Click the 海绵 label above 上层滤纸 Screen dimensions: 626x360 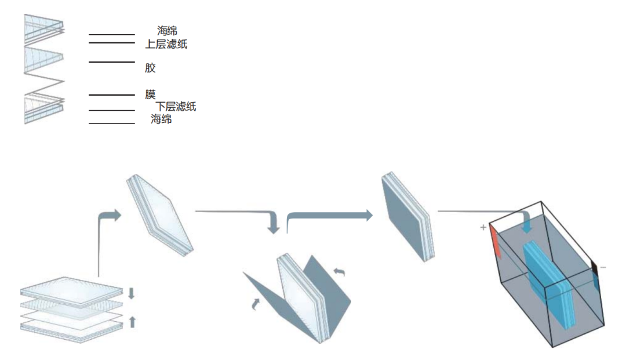[x=167, y=30]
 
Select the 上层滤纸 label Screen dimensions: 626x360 [x=166, y=44]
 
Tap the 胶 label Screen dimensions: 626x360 [x=150, y=67]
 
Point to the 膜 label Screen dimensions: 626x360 [x=150, y=94]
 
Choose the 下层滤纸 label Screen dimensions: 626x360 [x=176, y=106]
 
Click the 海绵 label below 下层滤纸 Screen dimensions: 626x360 [x=161, y=118]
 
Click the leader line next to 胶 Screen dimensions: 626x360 [x=112, y=62]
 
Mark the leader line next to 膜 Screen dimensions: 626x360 [x=112, y=94]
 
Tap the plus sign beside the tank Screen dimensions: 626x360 [x=483, y=227]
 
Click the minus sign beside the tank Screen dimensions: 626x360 [x=603, y=267]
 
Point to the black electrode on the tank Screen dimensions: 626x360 [x=595, y=268]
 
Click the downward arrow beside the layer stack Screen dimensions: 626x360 [x=132, y=293]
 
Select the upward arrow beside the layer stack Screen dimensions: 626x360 [x=133, y=322]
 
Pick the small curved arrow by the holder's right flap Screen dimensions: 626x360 [x=339, y=272]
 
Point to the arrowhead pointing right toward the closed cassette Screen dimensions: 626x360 [x=369, y=216]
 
